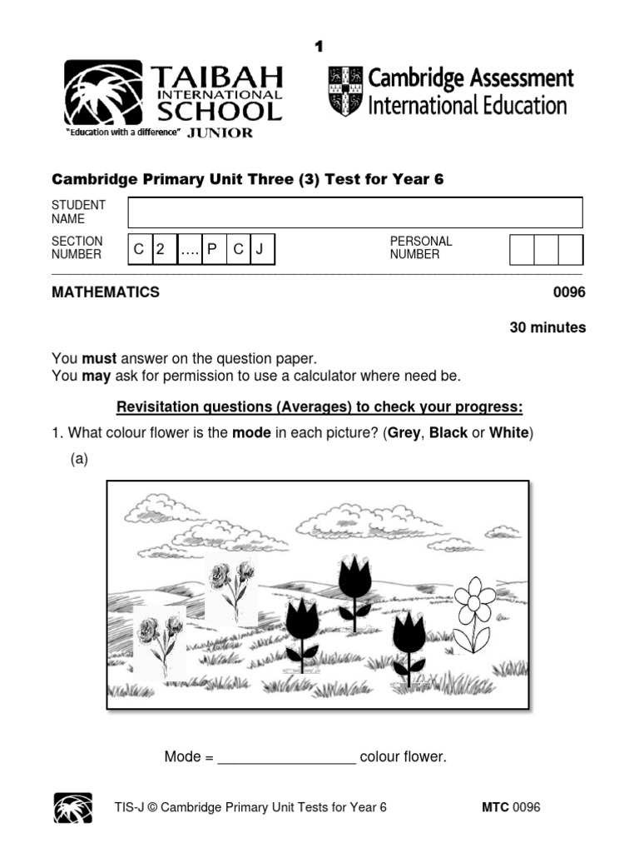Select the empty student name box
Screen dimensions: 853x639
(x=354, y=212)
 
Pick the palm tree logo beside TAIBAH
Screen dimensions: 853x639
(x=103, y=92)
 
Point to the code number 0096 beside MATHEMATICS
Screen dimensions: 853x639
(x=569, y=292)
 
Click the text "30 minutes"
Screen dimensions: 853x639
(x=547, y=328)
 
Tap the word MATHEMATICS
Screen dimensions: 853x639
(x=106, y=292)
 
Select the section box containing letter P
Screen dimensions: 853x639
(x=212, y=249)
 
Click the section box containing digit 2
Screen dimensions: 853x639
(x=162, y=249)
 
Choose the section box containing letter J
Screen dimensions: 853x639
(x=260, y=249)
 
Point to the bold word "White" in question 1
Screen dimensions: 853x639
(x=508, y=433)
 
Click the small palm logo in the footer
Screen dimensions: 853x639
(x=73, y=807)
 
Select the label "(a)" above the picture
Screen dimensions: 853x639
(x=79, y=459)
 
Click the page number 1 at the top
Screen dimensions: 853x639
(x=318, y=47)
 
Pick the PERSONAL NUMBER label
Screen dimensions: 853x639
(x=421, y=247)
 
